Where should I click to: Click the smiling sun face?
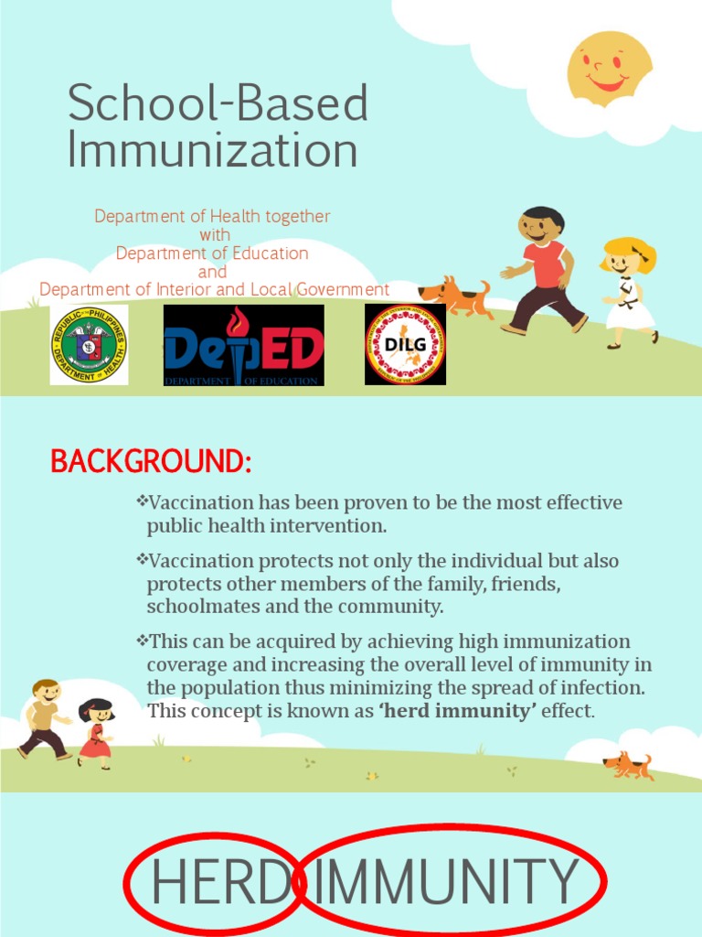tap(609, 69)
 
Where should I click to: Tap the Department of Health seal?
tap(89, 345)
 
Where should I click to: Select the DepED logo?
tap(244, 345)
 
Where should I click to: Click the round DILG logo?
tap(405, 344)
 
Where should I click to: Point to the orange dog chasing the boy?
tap(454, 296)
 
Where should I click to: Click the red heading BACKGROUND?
tap(151, 462)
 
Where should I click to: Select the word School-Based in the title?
tap(218, 104)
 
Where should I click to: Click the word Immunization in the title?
tap(212, 150)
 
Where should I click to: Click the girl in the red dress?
tap(95, 732)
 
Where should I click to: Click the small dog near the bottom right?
tap(628, 765)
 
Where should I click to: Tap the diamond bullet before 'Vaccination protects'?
tap(142, 558)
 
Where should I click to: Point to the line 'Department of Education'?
tap(212, 253)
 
